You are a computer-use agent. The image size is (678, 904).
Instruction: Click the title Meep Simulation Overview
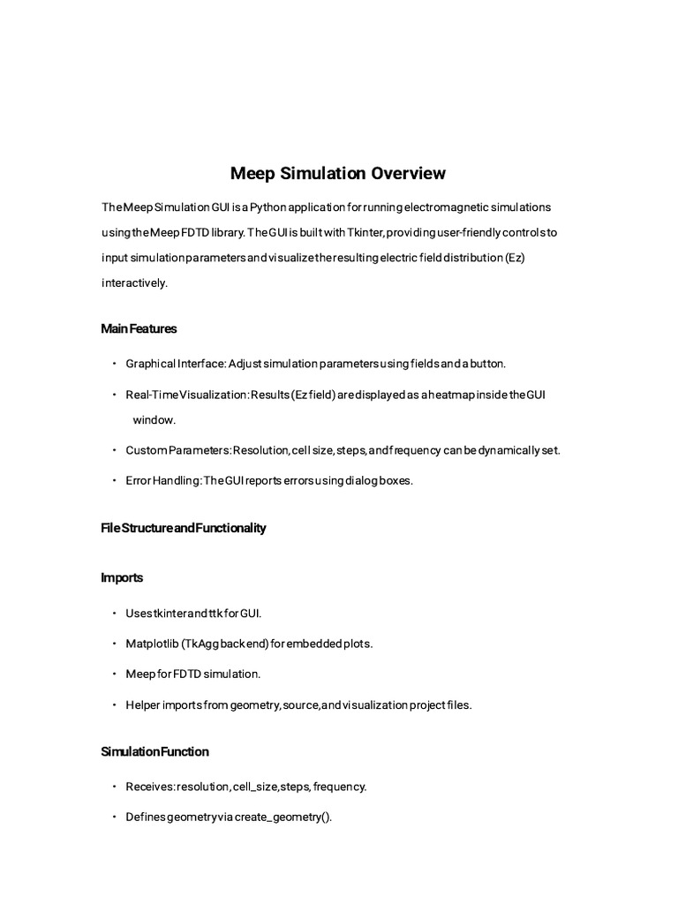coord(338,173)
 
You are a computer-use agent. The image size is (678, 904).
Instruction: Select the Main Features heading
coord(139,328)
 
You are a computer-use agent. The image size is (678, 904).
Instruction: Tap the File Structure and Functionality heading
coord(184,528)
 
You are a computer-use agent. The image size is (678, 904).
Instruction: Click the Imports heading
coord(122,577)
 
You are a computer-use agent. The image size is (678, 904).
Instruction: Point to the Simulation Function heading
coord(154,751)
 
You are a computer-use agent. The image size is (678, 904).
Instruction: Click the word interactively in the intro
coord(134,283)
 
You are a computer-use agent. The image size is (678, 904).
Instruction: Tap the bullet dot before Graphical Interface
coord(115,364)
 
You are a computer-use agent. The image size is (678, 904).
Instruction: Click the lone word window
coord(154,420)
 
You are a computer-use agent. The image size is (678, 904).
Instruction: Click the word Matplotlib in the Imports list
coord(151,644)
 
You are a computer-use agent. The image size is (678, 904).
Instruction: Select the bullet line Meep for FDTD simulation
coord(193,674)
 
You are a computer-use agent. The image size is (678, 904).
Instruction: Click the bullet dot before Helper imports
coord(115,705)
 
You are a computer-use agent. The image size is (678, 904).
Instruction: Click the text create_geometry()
coord(283,817)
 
